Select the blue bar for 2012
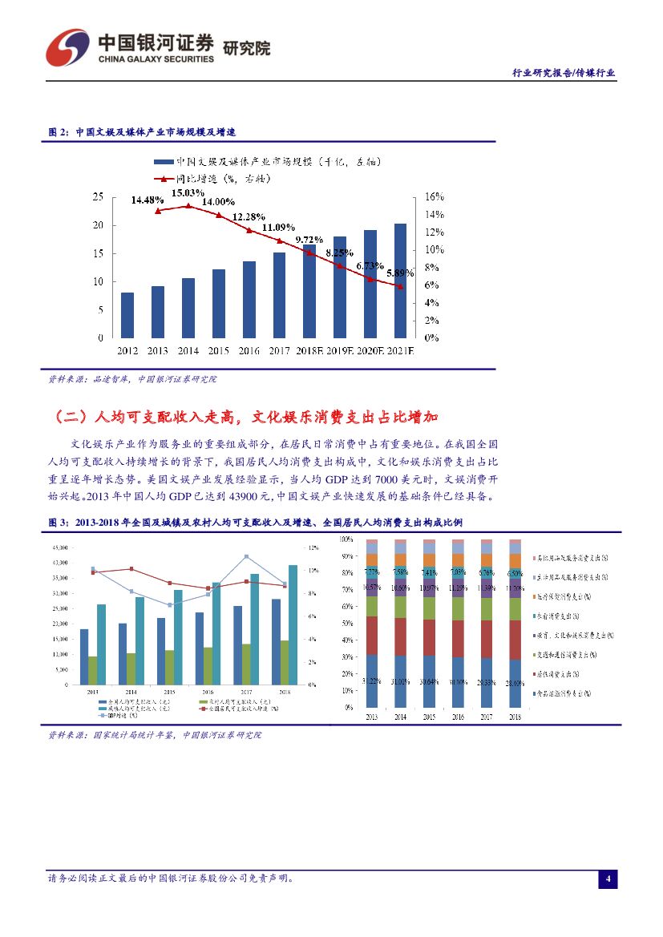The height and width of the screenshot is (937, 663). pyautogui.click(x=127, y=315)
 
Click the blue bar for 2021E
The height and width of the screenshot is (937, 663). pyautogui.click(x=400, y=281)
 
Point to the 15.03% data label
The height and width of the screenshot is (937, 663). pyautogui.click(x=188, y=193)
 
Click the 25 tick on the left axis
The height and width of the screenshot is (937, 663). pyautogui.click(x=98, y=196)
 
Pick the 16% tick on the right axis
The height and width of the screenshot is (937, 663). pyautogui.click(x=434, y=196)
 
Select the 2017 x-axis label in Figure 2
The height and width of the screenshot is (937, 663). pyautogui.click(x=279, y=350)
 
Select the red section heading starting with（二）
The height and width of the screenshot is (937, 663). pyautogui.click(x=248, y=418)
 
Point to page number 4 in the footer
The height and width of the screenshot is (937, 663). pyautogui.click(x=608, y=879)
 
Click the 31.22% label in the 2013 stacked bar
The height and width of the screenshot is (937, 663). pyautogui.click(x=371, y=681)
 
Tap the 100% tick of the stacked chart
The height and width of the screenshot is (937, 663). pyautogui.click(x=346, y=539)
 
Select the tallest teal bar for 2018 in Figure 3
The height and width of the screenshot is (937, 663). pyautogui.click(x=293, y=625)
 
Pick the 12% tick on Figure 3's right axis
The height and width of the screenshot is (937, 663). pyautogui.click(x=314, y=547)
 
